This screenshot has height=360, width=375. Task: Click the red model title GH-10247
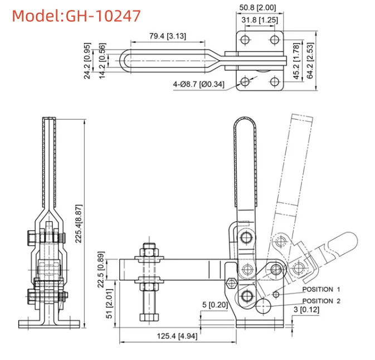(x=76, y=16)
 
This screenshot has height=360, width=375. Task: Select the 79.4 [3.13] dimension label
(x=168, y=36)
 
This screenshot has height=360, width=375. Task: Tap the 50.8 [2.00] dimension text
(x=257, y=8)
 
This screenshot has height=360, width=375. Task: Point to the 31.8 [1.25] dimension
(x=260, y=20)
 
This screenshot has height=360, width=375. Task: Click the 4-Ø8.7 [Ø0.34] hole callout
(x=199, y=84)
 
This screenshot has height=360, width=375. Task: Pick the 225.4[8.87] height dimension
(x=79, y=223)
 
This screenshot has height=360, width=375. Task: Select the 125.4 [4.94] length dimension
(x=177, y=336)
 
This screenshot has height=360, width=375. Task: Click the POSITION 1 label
(x=321, y=289)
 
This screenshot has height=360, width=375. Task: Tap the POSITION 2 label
(x=321, y=301)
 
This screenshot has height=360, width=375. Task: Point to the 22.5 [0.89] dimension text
(x=101, y=269)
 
